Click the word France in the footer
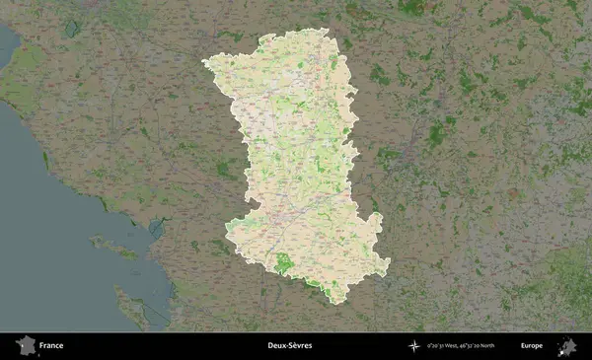tap(52, 346)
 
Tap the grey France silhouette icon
tap(26, 346)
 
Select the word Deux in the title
tap(278, 346)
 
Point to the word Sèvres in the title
tap(301, 346)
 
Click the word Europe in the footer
tap(532, 346)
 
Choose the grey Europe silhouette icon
tap(566, 346)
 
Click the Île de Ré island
tap(113, 246)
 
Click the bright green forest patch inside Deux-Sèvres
tap(283, 263)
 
